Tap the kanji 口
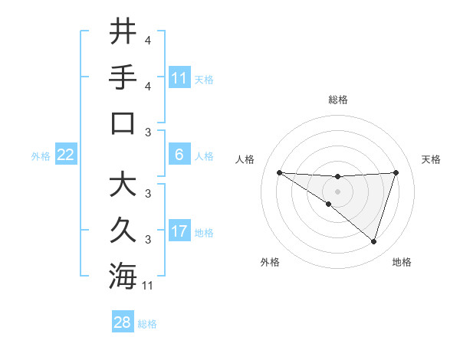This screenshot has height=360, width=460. tap(123, 123)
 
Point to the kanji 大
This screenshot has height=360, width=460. tap(123, 185)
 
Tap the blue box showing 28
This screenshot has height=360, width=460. tap(123, 322)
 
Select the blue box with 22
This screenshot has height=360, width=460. tap(66, 155)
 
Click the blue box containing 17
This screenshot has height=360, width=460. tap(179, 232)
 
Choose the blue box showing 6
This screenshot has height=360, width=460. tap(179, 155)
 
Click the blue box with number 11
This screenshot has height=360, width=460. tap(179, 78)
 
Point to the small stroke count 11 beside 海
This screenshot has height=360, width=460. tap(148, 286)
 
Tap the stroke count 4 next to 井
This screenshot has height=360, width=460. tap(147, 39)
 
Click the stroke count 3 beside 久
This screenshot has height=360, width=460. tap(147, 240)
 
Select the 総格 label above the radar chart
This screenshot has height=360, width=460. tap(337, 100)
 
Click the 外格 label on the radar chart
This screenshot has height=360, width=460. tap(270, 262)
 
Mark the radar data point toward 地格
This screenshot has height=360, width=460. tap(373, 241)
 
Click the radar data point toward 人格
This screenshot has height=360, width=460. tap(279, 172)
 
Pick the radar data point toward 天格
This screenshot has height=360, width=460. tap(396, 172)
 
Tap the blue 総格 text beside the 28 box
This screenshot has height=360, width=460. tap(147, 324)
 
